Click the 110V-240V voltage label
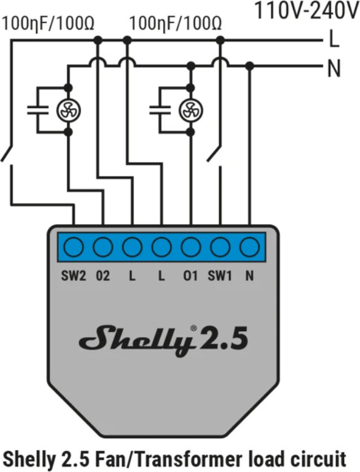[305, 11]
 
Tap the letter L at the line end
[334, 40]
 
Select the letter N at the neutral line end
[334, 69]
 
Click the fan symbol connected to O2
[68, 110]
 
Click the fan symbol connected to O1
[190, 110]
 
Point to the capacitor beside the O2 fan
[37, 109]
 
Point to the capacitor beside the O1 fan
[159, 109]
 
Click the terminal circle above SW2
[73, 247]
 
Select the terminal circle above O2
[103, 247]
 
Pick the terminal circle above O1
[190, 247]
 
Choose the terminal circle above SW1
[220, 247]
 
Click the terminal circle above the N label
[249, 247]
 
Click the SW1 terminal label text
[219, 277]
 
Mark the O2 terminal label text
[103, 277]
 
